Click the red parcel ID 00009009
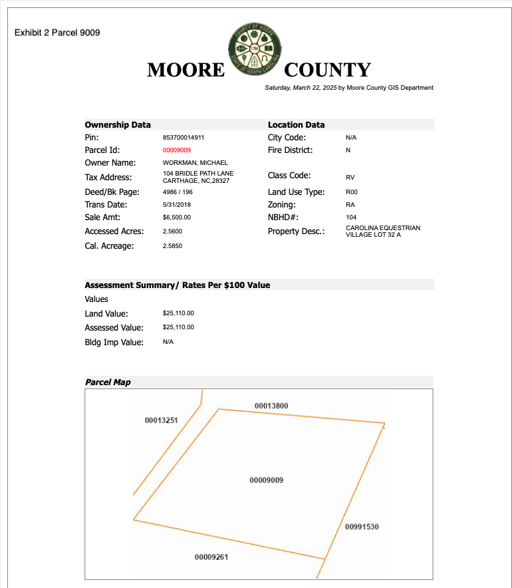(x=177, y=150)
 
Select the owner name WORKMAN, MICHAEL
(x=195, y=163)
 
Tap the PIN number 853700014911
(x=184, y=138)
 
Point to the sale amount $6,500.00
(x=177, y=218)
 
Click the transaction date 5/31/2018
(x=177, y=205)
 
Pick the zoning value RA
(x=350, y=205)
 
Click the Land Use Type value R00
(x=352, y=192)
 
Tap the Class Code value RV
(x=350, y=178)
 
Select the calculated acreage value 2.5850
(x=172, y=246)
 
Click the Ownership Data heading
(x=118, y=124)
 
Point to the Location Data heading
(x=296, y=124)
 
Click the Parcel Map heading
(x=108, y=382)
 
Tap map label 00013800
(x=271, y=406)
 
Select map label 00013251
(x=161, y=420)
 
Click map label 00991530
(x=362, y=527)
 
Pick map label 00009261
(x=211, y=557)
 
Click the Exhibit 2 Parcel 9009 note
(x=57, y=33)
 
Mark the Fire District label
(x=290, y=150)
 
